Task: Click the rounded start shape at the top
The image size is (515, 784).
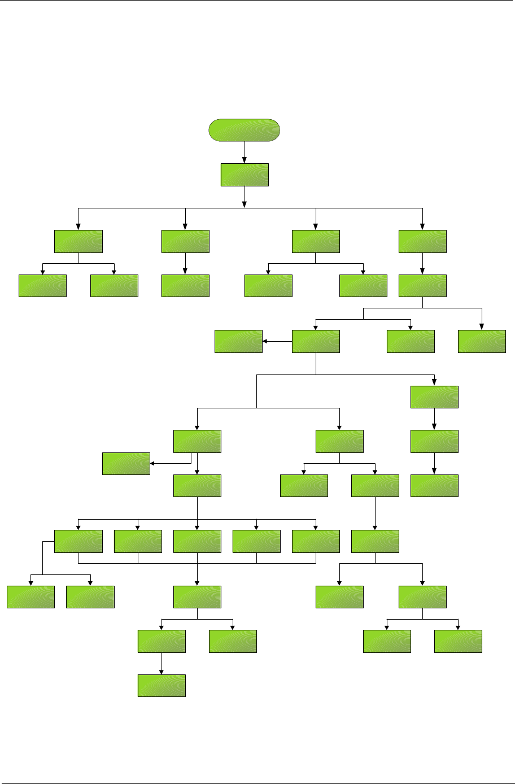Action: (244, 130)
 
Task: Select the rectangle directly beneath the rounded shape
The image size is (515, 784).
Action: (244, 175)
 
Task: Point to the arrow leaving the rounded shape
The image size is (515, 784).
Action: (245, 152)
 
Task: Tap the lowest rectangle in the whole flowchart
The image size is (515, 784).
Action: (162, 685)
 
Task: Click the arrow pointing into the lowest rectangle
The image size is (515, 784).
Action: (162, 664)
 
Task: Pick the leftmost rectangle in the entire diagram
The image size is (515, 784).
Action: (30, 596)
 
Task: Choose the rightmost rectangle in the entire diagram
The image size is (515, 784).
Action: (482, 341)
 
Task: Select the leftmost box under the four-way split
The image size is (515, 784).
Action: (78, 241)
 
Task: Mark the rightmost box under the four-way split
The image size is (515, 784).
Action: (422, 241)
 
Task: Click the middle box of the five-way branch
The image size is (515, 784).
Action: (197, 541)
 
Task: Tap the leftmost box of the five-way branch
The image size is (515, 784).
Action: (78, 541)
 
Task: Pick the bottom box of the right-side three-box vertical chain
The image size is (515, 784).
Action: (434, 486)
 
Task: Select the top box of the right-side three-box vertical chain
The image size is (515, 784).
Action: (434, 397)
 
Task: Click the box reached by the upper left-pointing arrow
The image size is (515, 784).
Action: (238, 341)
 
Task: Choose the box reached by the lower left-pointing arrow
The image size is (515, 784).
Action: (126, 463)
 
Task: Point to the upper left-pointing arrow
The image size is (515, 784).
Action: (277, 341)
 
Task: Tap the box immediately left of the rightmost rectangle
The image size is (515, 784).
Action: (411, 341)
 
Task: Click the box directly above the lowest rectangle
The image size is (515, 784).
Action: (162, 641)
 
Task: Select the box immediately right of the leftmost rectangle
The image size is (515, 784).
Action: (90, 596)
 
